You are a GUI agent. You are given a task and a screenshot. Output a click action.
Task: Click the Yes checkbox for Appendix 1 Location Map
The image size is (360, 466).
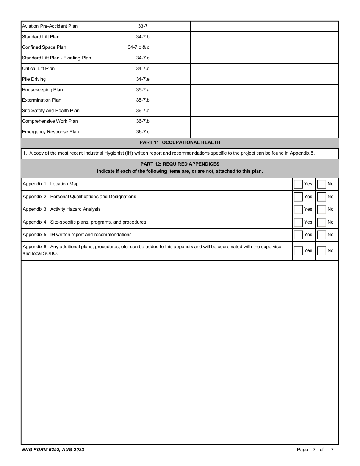pos(298,184)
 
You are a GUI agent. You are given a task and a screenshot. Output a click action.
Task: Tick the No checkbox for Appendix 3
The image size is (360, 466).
pos(321,210)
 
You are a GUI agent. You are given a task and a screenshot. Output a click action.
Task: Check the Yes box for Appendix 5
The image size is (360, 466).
pos(298,235)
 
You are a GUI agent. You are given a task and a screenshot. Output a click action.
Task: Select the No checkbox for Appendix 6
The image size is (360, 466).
pos(321,251)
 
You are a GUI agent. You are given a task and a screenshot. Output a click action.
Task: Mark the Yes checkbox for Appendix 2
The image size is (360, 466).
pos(298,197)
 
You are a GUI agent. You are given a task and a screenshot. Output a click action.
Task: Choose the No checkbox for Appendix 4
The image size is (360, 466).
pos(321,222)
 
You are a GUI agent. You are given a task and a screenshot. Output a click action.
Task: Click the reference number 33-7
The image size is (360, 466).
pos(142,26)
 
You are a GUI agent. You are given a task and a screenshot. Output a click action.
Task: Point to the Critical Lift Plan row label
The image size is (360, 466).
pos(38,69)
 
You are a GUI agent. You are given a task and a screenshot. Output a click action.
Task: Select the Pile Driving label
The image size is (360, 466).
pos(34,79)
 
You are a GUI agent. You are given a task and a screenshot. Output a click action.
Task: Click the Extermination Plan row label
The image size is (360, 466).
pos(42,100)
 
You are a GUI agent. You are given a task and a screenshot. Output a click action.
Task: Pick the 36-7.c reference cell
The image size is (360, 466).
pos(142,132)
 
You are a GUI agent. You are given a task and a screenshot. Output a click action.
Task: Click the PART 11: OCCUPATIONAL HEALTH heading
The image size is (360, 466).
pos(180,142)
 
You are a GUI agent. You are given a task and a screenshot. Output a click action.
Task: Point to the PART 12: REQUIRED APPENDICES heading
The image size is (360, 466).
pos(180,164)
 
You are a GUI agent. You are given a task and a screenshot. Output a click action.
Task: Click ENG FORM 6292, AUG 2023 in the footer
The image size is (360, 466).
pos(53,450)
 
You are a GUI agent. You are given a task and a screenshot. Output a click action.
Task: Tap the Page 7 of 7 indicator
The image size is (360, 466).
pos(315,450)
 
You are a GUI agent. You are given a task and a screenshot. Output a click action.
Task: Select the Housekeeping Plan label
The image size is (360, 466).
pos(42,90)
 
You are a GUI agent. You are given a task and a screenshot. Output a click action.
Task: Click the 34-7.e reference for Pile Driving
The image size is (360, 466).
pos(142,79)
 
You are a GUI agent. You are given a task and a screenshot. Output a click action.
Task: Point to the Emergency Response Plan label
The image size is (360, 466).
pos(50,132)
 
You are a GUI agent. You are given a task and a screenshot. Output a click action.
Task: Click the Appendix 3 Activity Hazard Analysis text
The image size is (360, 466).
pos(62,209)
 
